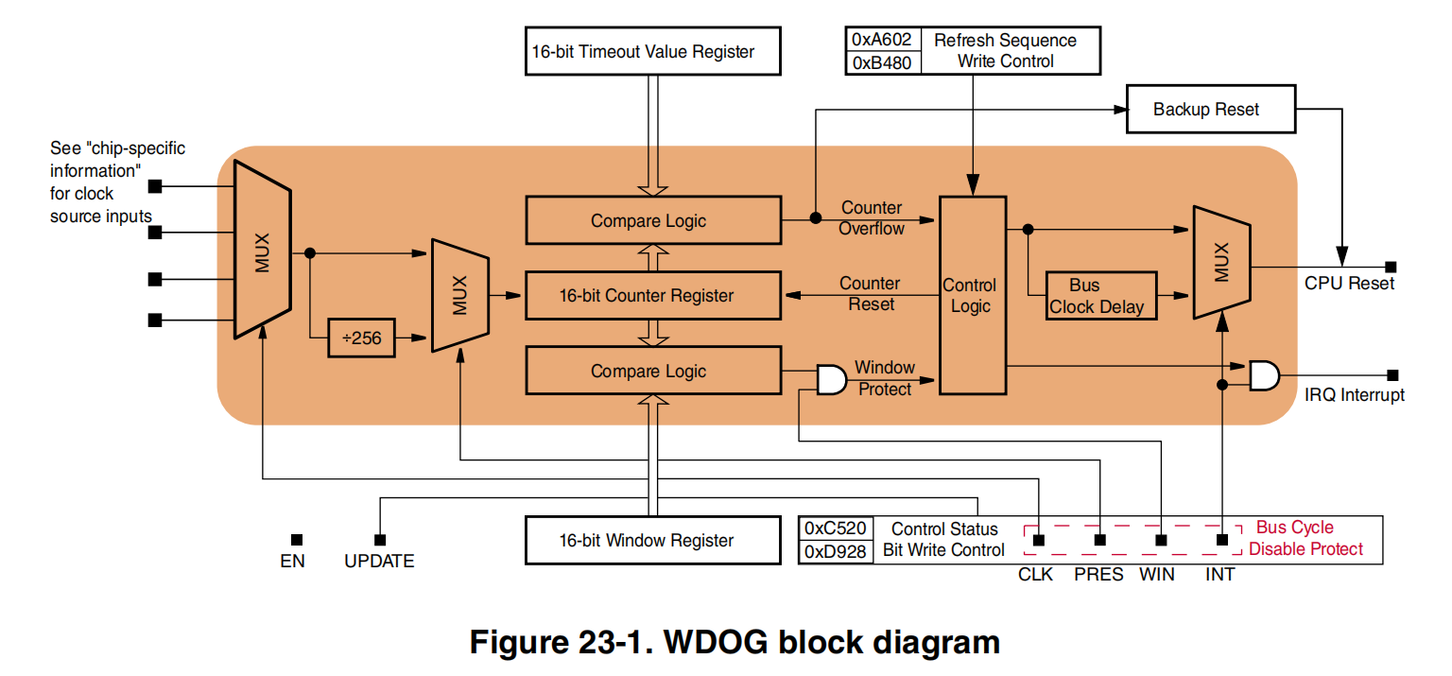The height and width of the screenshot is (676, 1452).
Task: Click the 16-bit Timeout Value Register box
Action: pos(653,51)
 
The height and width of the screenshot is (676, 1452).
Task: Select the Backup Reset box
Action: pos(1206,110)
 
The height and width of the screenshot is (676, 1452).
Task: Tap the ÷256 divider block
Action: pos(361,338)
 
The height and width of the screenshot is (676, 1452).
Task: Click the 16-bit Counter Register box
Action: pos(653,296)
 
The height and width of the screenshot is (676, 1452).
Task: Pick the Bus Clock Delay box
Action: pos(1101,296)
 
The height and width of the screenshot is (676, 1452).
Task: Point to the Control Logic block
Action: pos(971,295)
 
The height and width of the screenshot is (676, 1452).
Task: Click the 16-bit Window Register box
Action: pos(653,541)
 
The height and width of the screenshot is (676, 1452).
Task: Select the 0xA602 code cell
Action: pos(881,40)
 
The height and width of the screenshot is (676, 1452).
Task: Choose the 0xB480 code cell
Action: pos(881,62)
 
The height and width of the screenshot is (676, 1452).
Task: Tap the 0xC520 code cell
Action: pos(836,529)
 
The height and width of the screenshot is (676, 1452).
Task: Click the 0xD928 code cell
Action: pos(836,551)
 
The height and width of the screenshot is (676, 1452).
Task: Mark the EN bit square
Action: pos(297,540)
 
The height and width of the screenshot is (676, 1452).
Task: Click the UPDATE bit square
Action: pos(380,540)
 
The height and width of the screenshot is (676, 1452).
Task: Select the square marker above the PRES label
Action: pos(1099,540)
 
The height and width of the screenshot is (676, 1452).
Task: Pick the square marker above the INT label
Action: pos(1222,540)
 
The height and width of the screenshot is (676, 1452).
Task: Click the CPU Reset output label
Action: pos(1349,284)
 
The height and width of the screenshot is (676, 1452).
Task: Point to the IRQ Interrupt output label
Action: pos(1354,395)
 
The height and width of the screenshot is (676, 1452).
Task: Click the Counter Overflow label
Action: pos(872,218)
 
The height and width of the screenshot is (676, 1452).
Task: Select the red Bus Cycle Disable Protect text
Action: pos(1305,539)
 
